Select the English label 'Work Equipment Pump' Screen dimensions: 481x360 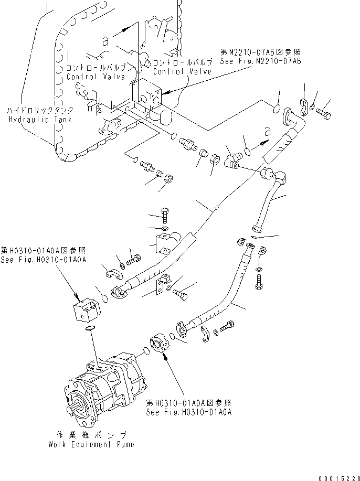(91, 445)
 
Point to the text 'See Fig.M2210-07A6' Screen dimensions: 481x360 (260, 61)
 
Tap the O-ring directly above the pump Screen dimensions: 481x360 (90, 329)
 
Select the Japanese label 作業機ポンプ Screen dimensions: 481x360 (91, 435)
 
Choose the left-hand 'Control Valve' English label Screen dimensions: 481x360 (96, 77)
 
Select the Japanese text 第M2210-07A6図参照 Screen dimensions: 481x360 (260, 52)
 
